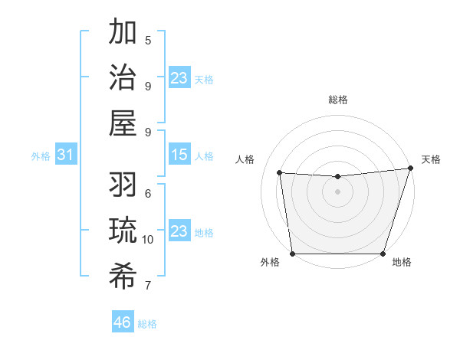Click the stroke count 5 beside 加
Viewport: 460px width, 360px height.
point(148,40)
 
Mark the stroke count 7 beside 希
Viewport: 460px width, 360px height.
point(148,286)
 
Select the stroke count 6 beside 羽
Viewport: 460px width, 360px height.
point(148,194)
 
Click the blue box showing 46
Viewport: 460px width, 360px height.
point(123,322)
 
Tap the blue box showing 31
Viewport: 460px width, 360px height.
point(66,155)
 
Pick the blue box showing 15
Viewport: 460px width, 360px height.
point(179,155)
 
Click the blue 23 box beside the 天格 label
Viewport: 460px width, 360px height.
point(179,78)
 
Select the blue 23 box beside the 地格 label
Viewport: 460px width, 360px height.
point(179,231)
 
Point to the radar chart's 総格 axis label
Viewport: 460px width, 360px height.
point(338,100)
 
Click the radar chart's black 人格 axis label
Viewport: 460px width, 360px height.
point(245,159)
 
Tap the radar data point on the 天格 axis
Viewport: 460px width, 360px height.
point(410,169)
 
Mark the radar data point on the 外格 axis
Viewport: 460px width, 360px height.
point(292,254)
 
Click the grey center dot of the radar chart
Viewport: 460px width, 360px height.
point(337,191)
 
